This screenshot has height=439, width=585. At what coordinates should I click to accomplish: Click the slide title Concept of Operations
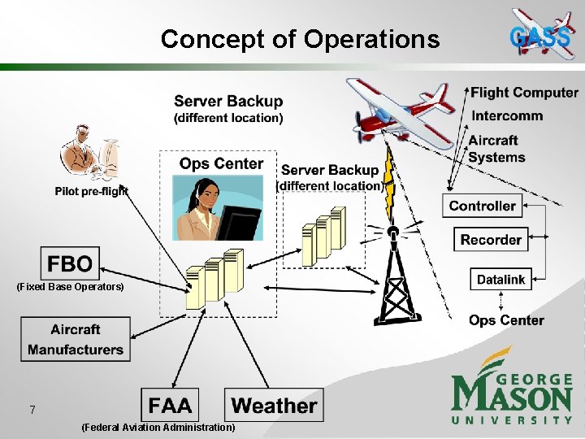(x=300, y=38)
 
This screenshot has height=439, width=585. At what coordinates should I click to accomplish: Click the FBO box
(x=70, y=263)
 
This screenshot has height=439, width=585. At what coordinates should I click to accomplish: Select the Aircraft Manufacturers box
(x=76, y=340)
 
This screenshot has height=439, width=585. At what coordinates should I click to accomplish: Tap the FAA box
(x=170, y=405)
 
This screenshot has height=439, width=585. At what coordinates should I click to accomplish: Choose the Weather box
(x=274, y=405)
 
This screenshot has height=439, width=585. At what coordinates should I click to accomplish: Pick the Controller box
(x=482, y=206)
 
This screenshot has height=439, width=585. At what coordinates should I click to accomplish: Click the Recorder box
(x=491, y=239)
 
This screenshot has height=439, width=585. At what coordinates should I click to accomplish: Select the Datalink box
(x=500, y=279)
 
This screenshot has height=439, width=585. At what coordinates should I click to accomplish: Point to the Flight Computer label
(x=524, y=93)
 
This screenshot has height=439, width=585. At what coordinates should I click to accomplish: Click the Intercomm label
(x=507, y=115)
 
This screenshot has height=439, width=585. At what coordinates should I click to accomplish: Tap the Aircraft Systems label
(x=497, y=149)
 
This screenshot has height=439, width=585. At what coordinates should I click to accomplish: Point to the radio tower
(x=396, y=276)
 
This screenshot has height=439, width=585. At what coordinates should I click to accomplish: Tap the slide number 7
(x=32, y=410)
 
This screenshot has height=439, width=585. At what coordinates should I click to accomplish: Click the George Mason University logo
(x=512, y=389)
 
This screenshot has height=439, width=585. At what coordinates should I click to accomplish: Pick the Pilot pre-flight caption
(x=92, y=192)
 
